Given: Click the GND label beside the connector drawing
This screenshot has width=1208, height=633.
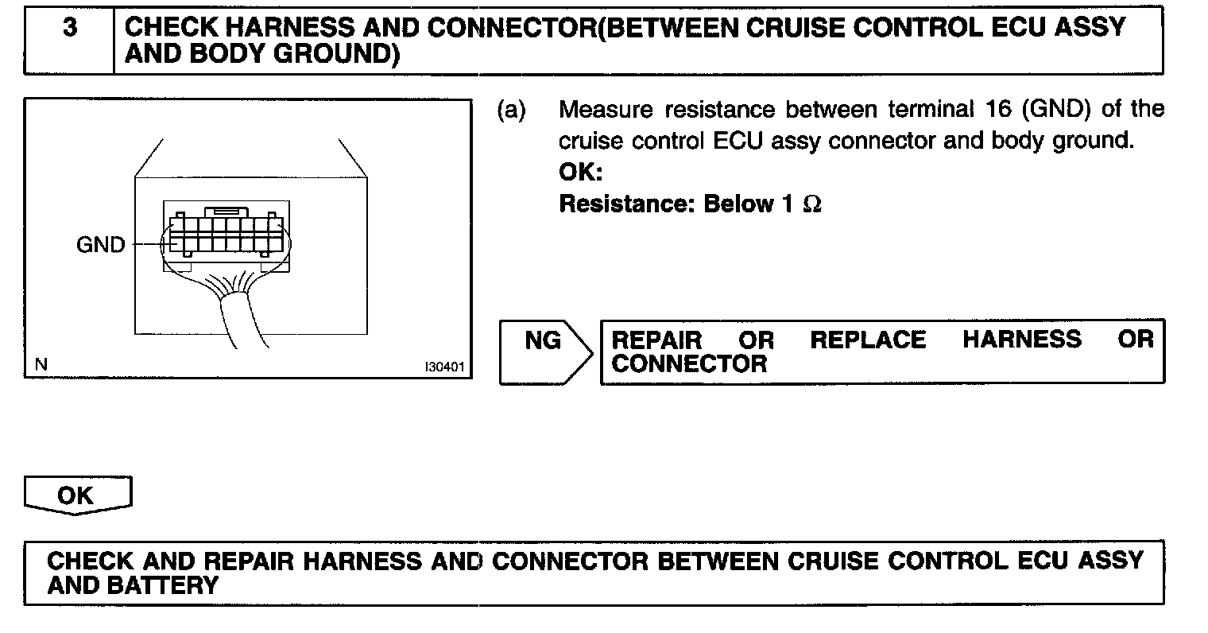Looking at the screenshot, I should tap(101, 245).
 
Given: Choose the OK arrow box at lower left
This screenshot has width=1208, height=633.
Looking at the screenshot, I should tap(76, 495).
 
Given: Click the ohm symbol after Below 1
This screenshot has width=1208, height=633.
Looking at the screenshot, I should tap(811, 204).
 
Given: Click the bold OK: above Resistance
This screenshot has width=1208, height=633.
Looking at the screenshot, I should tap(581, 173).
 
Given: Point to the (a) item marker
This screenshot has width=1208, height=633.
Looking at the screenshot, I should tap(511, 109).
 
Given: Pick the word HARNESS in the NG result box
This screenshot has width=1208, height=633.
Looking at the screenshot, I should tap(1022, 340).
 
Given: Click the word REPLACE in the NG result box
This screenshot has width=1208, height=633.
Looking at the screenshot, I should tap(868, 340).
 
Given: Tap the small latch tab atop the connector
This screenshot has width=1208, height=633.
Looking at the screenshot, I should tap(226, 212).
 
